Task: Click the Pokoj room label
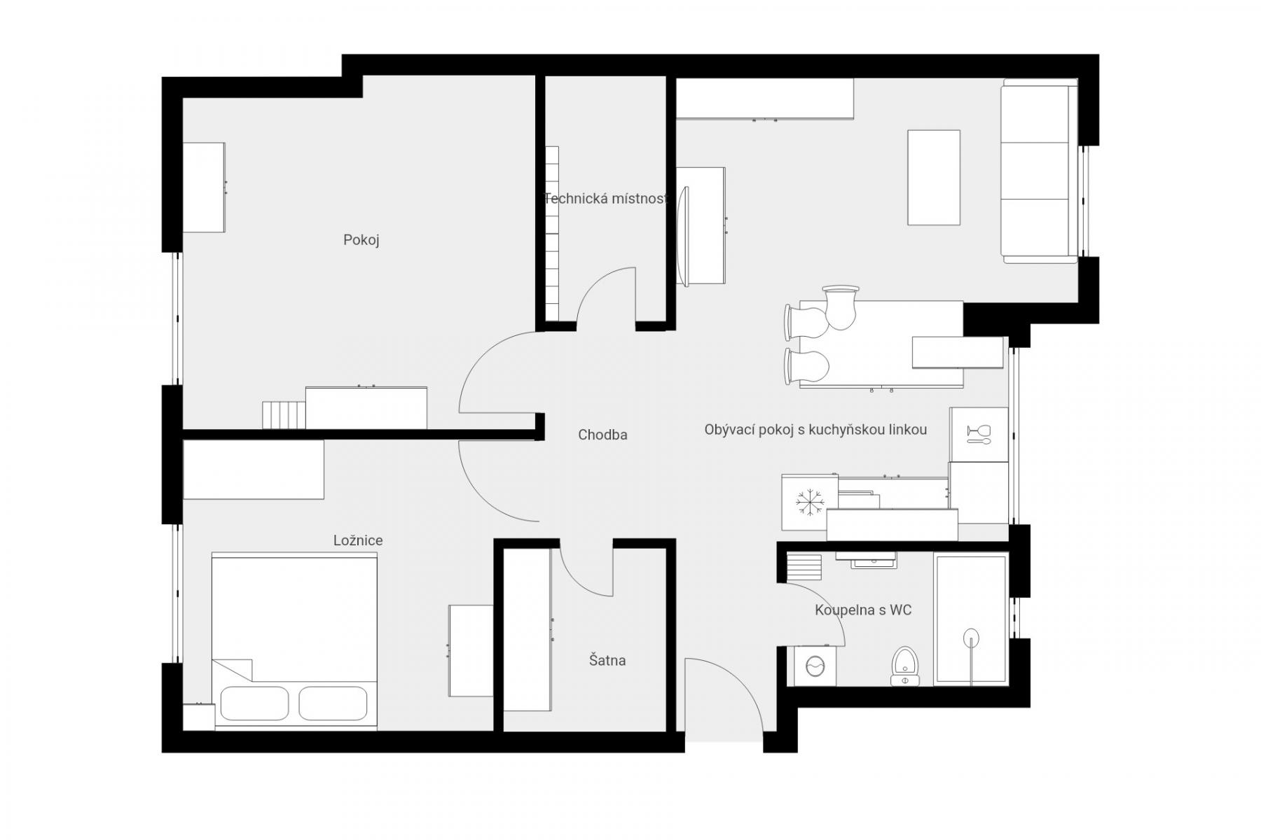tap(361, 240)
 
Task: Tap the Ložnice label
tap(358, 540)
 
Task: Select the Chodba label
tap(602, 435)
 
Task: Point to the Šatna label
tap(607, 660)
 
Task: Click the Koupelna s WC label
tap(863, 610)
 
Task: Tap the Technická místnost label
tap(606, 199)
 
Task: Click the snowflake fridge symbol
tap(811, 502)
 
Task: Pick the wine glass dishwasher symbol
tap(977, 433)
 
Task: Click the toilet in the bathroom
tap(904, 666)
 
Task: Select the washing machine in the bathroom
tap(814, 665)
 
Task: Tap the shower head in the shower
tap(970, 637)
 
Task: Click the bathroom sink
tap(874, 560)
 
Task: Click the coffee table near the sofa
tap(934, 178)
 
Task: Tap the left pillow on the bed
tap(254, 703)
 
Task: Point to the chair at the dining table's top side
tap(841, 307)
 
